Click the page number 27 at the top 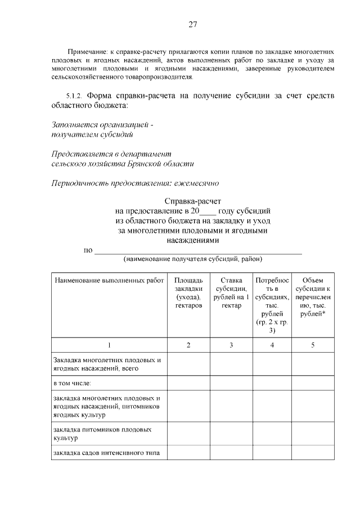(x=192, y=24)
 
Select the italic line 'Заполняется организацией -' (x=101, y=124)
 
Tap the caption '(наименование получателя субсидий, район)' (x=193, y=259)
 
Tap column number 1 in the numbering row (x=109, y=345)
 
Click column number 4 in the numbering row (x=272, y=345)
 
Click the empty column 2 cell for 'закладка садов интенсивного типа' (x=188, y=453)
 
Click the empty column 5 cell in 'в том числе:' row (x=313, y=384)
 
